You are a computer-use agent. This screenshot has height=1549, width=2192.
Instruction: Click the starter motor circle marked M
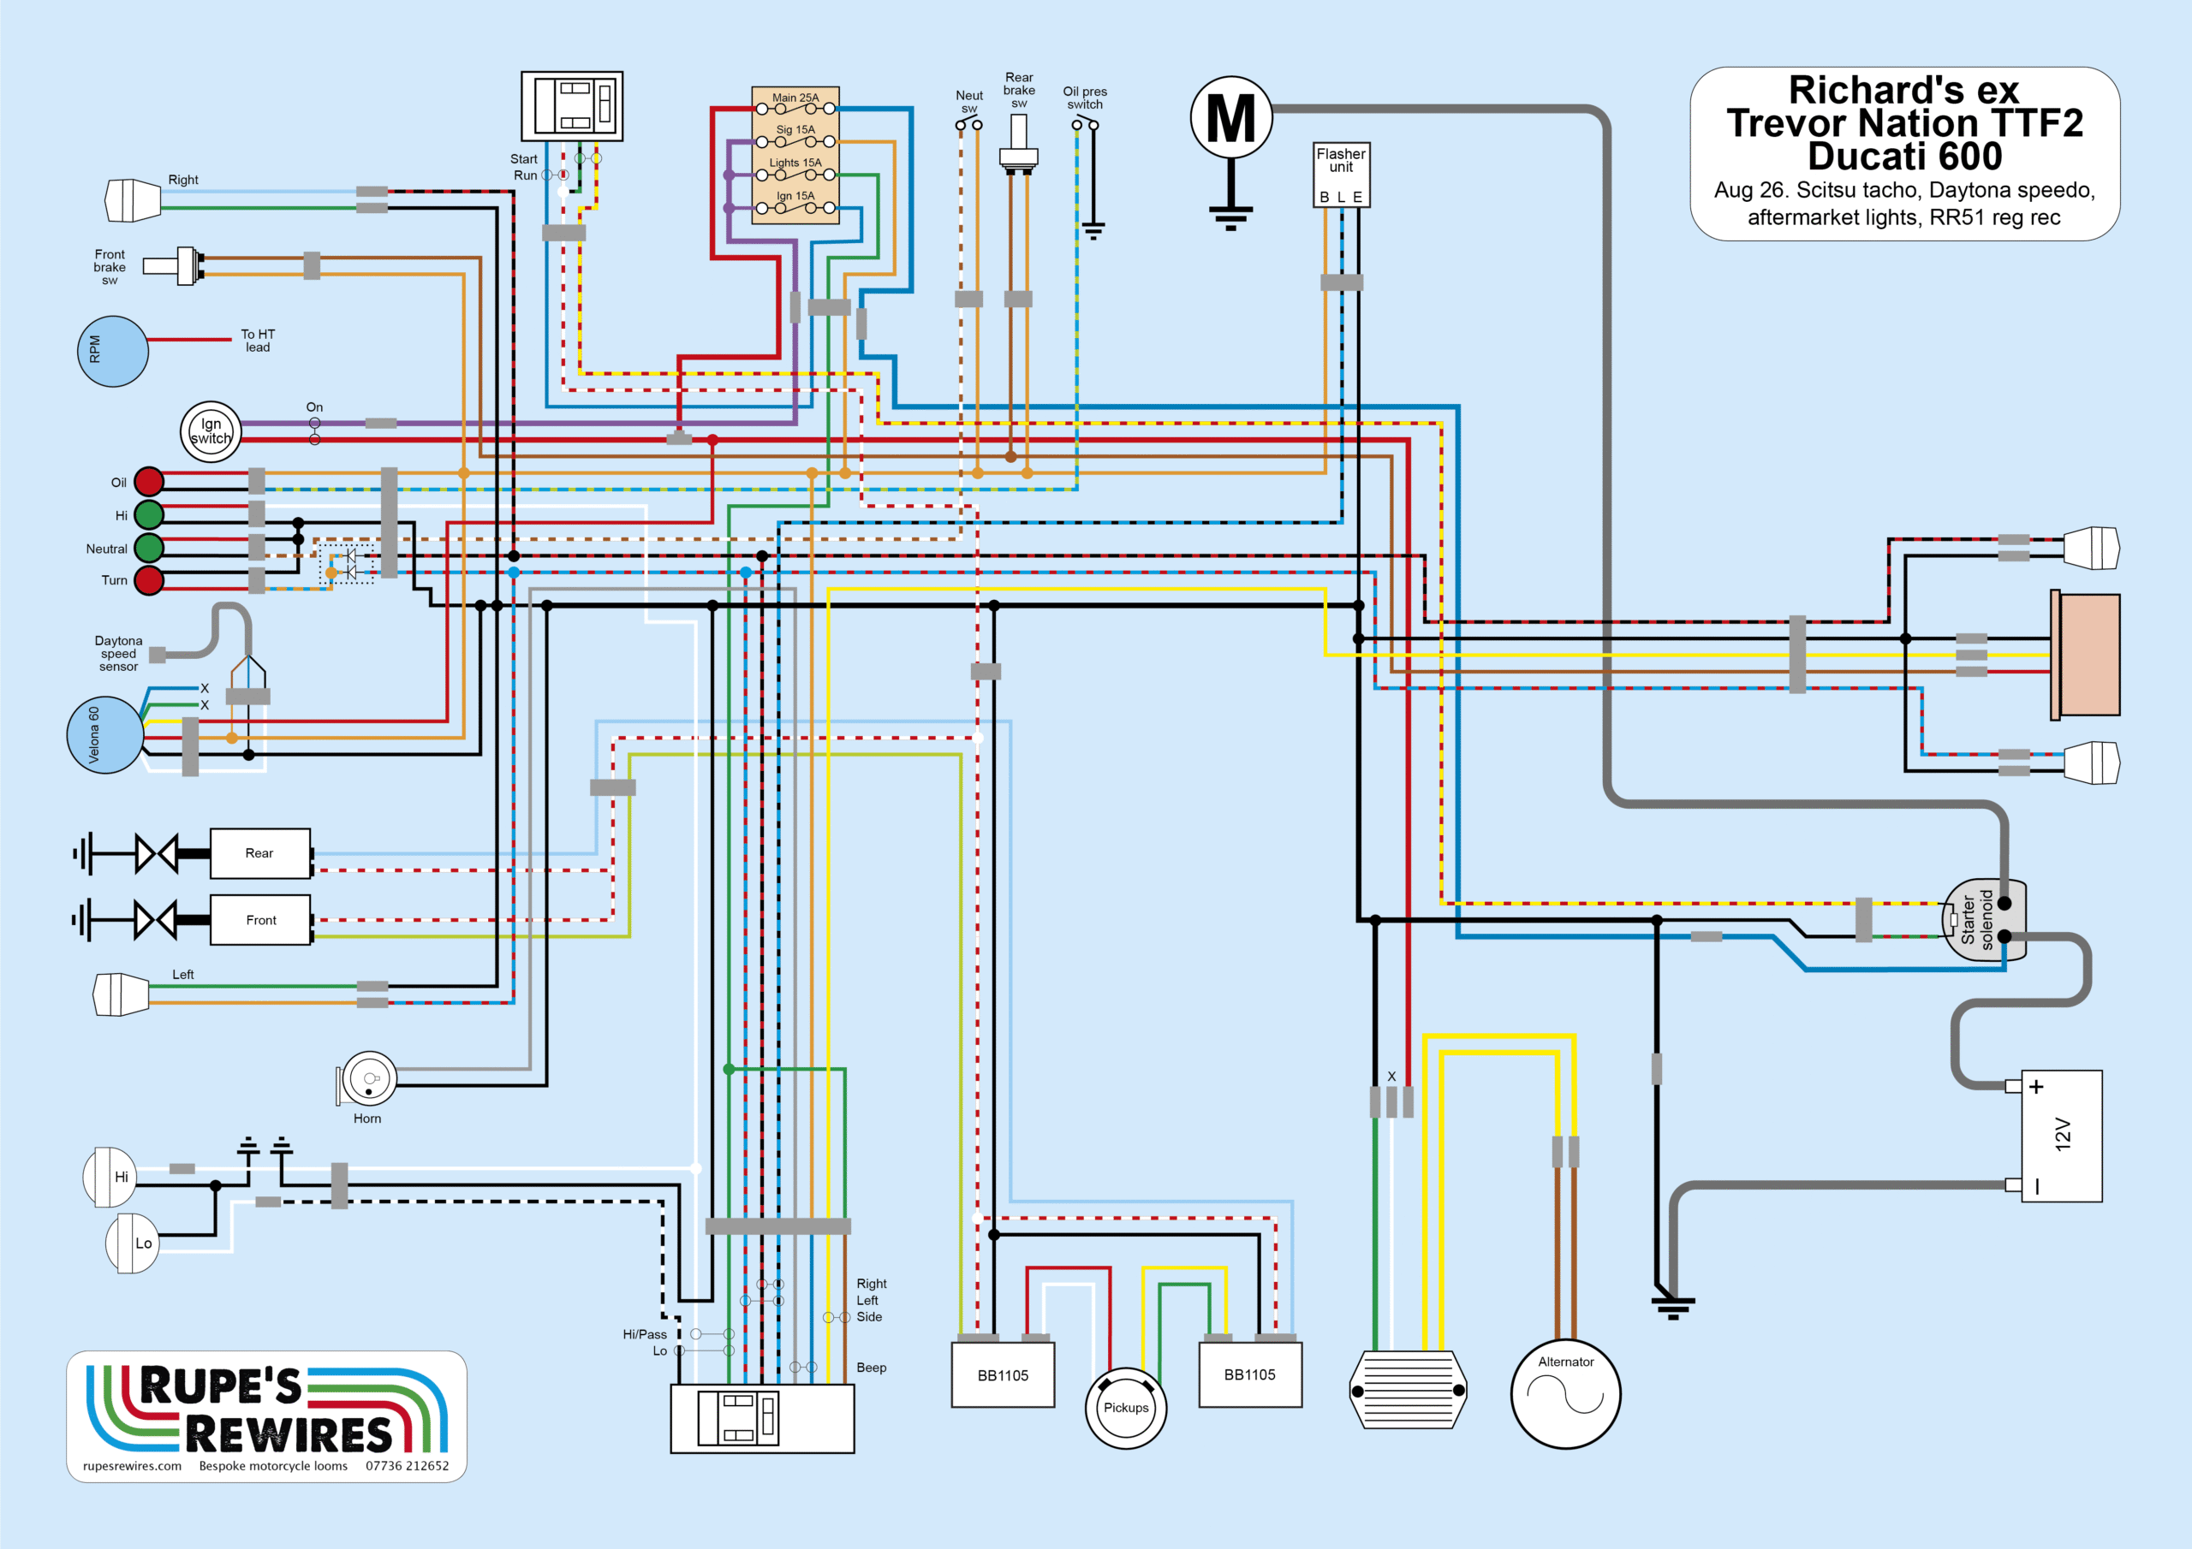point(1230,117)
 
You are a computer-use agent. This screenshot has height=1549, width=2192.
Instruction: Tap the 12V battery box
point(2061,1136)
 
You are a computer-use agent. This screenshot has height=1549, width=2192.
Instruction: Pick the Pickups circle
point(1126,1408)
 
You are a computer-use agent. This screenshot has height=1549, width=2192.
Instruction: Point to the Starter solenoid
point(1983,920)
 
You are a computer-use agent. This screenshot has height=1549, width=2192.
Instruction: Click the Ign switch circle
point(210,431)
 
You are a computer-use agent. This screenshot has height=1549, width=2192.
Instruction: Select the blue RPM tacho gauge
point(113,351)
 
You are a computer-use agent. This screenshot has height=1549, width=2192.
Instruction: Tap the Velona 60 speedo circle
point(105,735)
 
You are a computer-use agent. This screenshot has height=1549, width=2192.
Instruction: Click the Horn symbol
point(367,1078)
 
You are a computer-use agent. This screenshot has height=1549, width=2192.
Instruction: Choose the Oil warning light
point(149,482)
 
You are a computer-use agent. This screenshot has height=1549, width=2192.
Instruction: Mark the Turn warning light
point(149,580)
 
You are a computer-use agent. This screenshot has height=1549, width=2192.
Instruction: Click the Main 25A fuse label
point(795,98)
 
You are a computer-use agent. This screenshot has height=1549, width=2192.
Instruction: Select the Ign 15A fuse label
point(795,196)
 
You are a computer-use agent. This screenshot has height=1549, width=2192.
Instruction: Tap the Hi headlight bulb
point(110,1177)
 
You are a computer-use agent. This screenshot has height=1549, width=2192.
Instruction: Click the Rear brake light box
point(259,853)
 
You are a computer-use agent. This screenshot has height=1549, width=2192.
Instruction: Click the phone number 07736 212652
point(407,1466)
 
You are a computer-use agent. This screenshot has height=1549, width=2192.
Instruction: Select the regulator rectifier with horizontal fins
point(1409,1390)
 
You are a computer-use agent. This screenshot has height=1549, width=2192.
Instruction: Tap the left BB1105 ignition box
point(1003,1374)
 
